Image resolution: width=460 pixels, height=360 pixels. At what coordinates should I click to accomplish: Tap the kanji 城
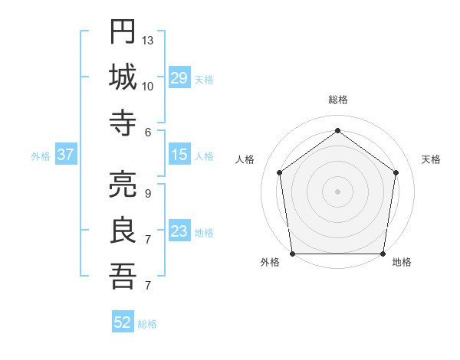tap(123, 77)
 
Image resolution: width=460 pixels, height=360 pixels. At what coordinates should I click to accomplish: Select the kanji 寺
tap(123, 123)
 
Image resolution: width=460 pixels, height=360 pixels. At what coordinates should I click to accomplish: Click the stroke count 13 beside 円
tap(149, 39)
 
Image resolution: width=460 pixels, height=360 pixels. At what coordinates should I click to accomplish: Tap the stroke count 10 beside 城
tap(149, 86)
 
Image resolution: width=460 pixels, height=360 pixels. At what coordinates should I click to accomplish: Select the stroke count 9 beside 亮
tap(147, 193)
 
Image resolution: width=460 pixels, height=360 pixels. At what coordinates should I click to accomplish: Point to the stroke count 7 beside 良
tap(147, 240)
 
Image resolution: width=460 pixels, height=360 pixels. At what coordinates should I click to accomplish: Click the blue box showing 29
tap(179, 78)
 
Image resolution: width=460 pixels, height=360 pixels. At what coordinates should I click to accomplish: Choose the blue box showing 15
tap(179, 155)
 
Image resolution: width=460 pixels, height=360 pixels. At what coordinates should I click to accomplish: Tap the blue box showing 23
tap(179, 232)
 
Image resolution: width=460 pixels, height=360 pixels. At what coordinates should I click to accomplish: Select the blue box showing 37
tap(66, 155)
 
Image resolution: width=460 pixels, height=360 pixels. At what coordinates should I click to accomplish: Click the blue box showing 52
tap(123, 322)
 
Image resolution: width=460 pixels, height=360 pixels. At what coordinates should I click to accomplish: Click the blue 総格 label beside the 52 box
tap(148, 324)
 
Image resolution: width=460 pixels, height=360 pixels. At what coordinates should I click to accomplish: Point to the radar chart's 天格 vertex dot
tap(396, 172)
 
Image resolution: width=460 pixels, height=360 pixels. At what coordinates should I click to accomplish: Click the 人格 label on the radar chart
tap(245, 159)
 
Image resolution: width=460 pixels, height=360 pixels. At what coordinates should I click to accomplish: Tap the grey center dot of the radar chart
tap(337, 191)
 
